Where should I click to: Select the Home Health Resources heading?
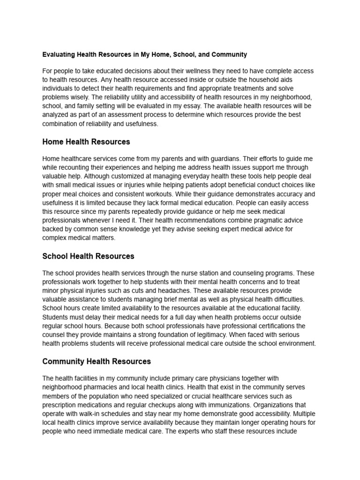tap(86, 142)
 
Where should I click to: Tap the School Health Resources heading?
tap(88, 256)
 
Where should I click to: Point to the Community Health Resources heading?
tap(97, 361)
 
